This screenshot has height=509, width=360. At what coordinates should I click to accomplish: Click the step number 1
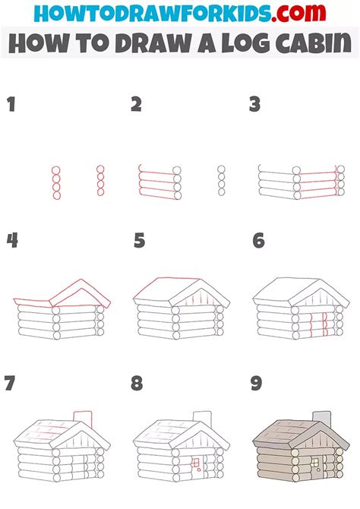pos(11,105)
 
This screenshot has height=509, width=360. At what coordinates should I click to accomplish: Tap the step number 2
pos(136,105)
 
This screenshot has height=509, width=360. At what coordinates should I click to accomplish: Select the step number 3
pos(255,105)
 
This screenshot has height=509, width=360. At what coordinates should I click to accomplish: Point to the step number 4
pos(11,242)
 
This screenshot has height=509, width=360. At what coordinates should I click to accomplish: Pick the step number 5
pos(139,242)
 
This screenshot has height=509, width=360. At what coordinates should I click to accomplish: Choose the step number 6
pos(258,242)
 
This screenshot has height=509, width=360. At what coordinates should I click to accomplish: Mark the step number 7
pos(10,384)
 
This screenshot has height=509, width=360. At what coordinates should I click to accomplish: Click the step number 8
pos(137,384)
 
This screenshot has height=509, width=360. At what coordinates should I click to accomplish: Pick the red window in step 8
pos(195,461)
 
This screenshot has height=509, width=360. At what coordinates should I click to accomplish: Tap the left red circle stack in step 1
pos(55,182)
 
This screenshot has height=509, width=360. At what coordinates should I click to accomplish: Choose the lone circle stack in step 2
pos(221,182)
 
